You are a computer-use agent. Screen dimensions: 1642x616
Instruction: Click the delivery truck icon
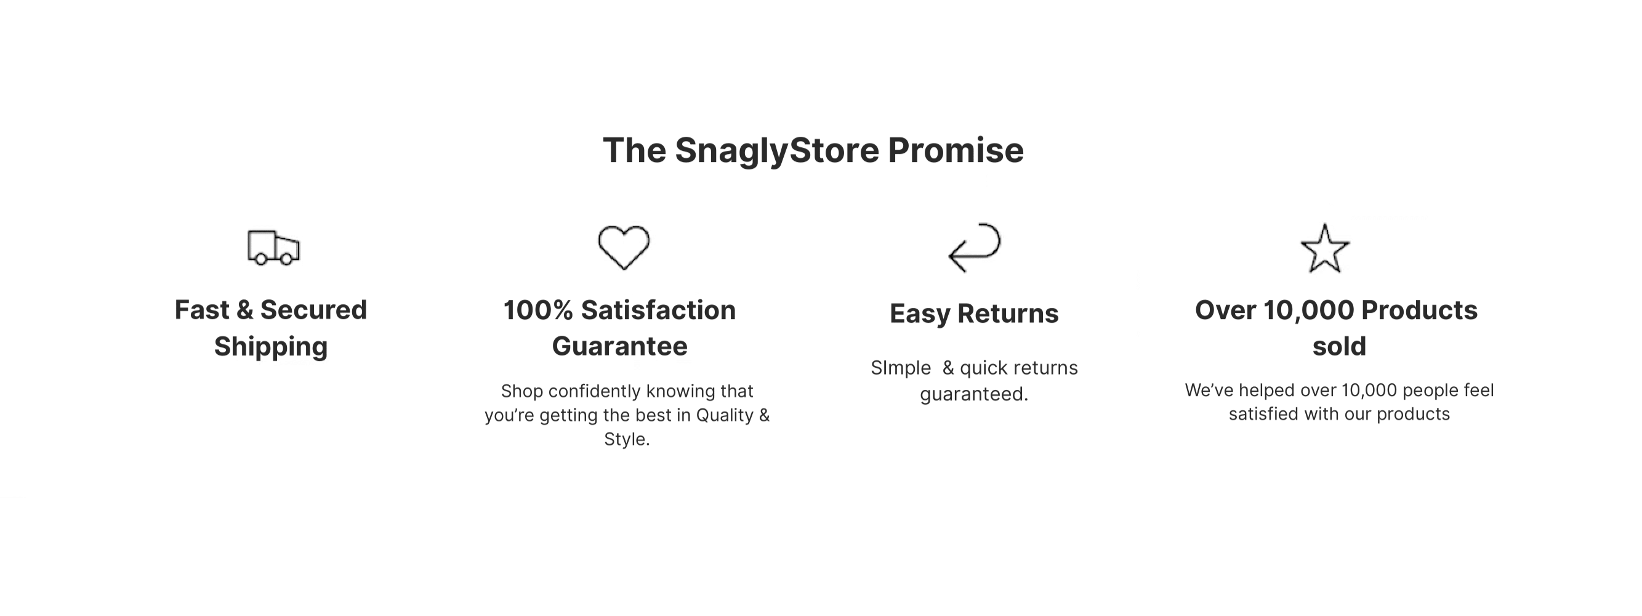point(273,248)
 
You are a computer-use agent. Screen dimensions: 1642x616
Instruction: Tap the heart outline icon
point(624,248)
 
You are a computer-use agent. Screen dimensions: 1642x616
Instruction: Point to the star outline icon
point(1324,248)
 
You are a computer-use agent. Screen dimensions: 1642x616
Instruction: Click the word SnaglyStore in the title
point(777,151)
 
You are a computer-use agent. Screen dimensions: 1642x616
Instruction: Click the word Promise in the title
point(956,150)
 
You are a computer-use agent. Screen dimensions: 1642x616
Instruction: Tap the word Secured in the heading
point(313,310)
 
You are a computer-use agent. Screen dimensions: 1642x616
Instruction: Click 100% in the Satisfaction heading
point(539,310)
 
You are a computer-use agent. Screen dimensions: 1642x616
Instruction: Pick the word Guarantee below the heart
point(619,346)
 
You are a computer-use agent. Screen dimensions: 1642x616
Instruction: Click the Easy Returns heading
point(974,314)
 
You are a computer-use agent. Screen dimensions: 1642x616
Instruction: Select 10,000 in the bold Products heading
point(1309,310)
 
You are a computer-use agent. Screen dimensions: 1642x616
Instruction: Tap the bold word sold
point(1339,346)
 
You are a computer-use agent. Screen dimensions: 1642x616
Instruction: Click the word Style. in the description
point(627,439)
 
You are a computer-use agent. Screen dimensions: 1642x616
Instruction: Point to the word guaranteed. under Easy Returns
point(974,395)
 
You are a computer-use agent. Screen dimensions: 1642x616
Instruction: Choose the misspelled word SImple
point(901,368)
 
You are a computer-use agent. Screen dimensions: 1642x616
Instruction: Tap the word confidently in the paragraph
point(597,391)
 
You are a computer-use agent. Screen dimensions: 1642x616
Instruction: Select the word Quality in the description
point(724,416)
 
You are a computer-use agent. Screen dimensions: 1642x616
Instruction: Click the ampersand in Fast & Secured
point(245,310)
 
